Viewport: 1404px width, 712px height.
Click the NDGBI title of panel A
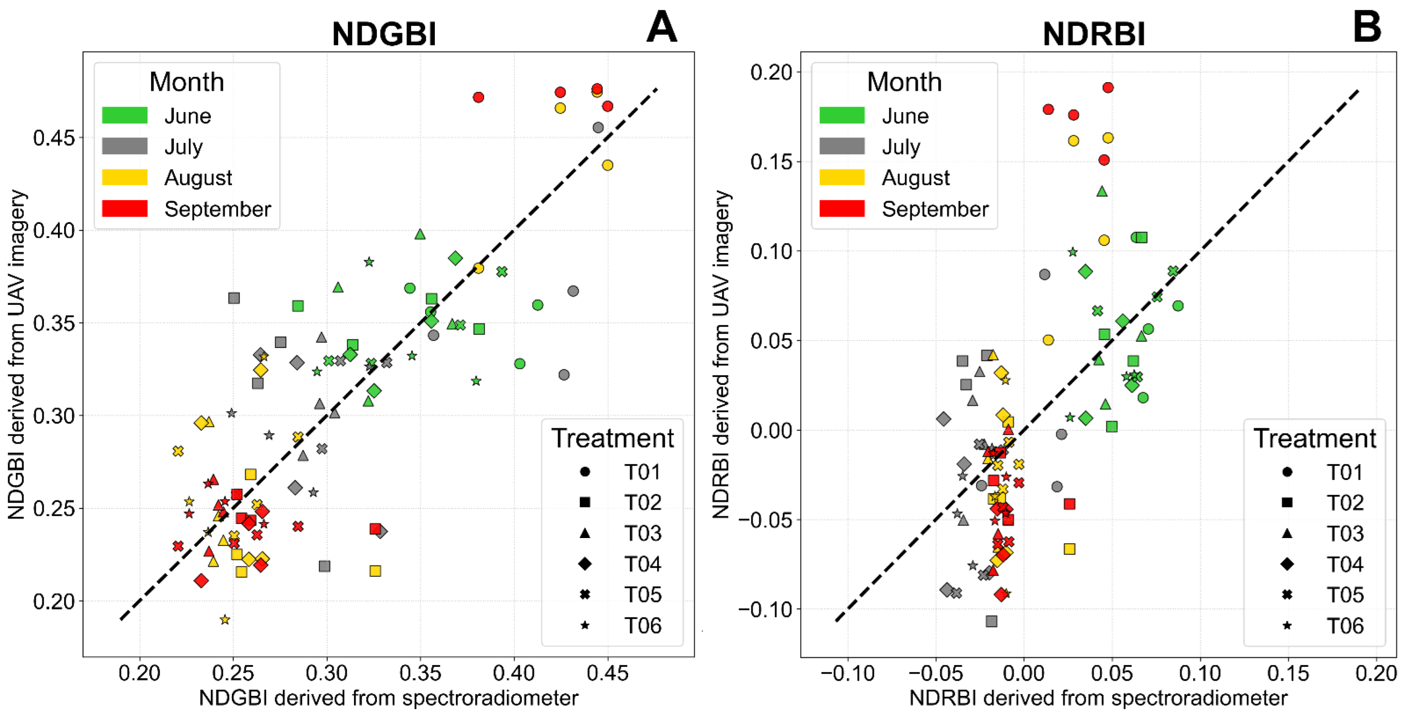pyautogui.click(x=384, y=34)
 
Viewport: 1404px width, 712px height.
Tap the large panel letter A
pyautogui.click(x=661, y=27)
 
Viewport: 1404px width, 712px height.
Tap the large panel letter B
pyautogui.click(x=1367, y=27)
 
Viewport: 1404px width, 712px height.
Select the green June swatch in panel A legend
pyautogui.click(x=125, y=116)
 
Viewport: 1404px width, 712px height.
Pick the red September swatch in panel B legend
pyautogui.click(x=842, y=209)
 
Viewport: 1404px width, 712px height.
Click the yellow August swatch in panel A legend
pyautogui.click(x=125, y=178)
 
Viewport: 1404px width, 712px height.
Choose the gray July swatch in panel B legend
pyautogui.click(x=842, y=146)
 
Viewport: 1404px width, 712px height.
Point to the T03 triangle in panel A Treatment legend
pyautogui.click(x=585, y=533)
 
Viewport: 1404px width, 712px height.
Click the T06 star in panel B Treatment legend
pyautogui.click(x=1287, y=626)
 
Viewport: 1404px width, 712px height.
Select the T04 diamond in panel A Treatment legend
pyautogui.click(x=585, y=564)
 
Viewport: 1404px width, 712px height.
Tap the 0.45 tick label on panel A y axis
pyautogui.click(x=54, y=138)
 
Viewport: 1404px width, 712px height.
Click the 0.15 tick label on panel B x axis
pyautogui.click(x=1287, y=674)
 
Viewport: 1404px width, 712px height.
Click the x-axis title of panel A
pyautogui.click(x=388, y=698)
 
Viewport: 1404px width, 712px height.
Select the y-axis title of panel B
pyautogui.click(x=721, y=354)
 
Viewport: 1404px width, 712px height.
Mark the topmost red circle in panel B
pyautogui.click(x=1108, y=88)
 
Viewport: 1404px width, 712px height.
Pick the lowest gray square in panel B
pyautogui.click(x=991, y=621)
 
